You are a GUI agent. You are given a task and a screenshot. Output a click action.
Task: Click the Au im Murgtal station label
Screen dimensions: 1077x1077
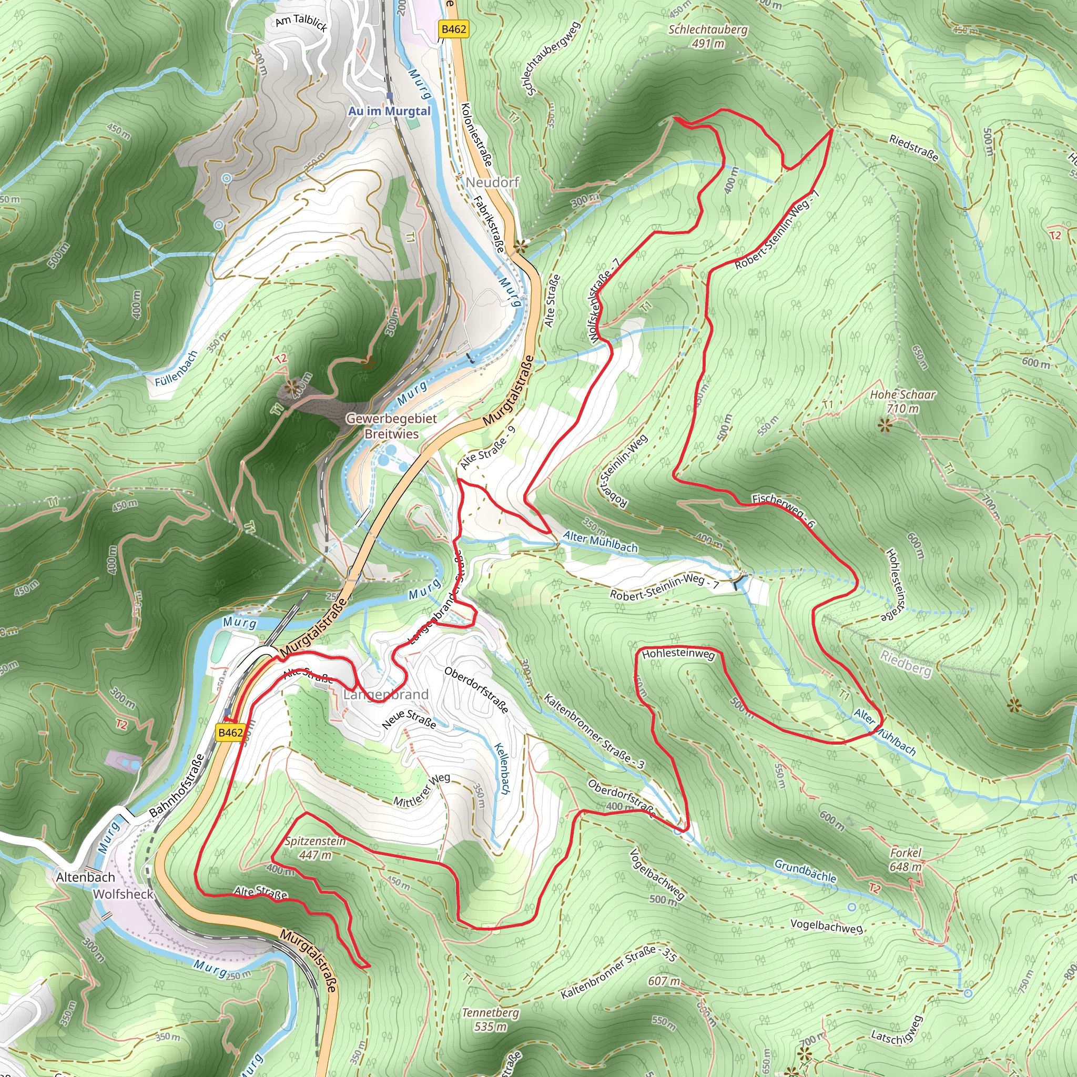tap(389, 111)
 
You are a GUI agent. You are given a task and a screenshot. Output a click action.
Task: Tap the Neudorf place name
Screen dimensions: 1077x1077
tap(492, 182)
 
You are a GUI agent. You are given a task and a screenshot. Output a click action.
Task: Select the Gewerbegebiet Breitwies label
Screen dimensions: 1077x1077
tap(391, 426)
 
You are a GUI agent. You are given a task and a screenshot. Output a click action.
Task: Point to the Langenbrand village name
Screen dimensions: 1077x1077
tap(386, 695)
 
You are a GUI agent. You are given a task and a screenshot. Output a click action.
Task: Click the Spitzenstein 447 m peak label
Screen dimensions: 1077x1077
tap(315, 847)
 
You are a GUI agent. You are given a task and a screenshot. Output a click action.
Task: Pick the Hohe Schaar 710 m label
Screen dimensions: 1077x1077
tap(902, 401)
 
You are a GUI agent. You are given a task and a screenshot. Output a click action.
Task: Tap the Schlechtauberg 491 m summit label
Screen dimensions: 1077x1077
tap(707, 36)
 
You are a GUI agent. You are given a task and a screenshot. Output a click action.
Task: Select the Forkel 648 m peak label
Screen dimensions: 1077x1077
tap(906, 859)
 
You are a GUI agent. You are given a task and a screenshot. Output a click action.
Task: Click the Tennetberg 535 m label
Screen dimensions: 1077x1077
tap(490, 1019)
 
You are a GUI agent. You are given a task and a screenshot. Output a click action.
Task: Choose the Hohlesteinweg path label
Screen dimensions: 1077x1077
tap(678, 653)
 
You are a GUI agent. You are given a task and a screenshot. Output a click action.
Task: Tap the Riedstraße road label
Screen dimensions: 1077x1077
tap(913, 148)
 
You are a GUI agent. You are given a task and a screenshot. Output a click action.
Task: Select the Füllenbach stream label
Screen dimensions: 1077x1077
tap(176, 369)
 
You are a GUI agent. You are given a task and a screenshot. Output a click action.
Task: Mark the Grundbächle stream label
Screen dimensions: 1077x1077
tap(805, 871)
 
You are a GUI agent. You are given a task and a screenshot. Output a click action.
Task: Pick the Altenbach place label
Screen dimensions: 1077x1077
tap(85, 877)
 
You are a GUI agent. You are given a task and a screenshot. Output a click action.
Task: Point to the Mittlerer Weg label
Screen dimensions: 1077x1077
tap(421, 790)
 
